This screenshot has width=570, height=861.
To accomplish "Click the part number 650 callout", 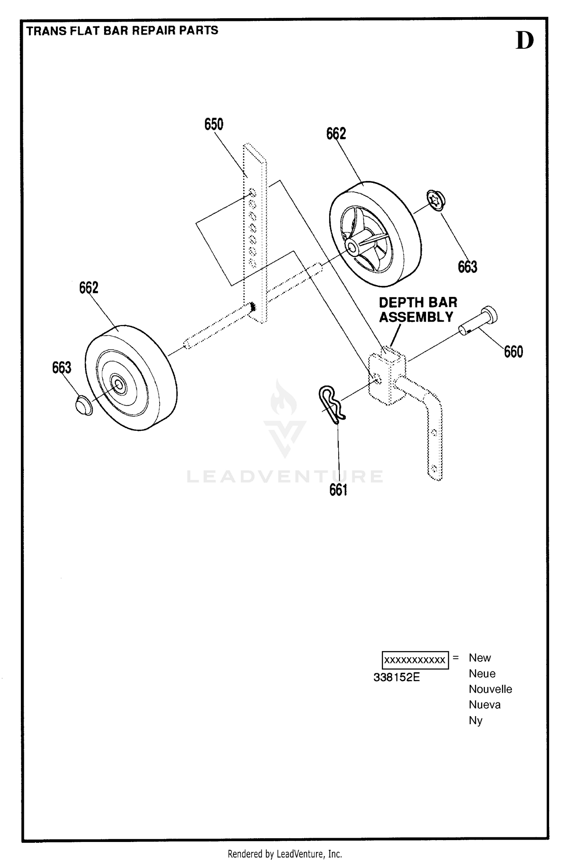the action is coord(214,124).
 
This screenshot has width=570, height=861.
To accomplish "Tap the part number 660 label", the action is coord(513,352).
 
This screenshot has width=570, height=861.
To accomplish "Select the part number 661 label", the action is coord(338,490).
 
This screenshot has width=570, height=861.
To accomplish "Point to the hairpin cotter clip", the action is coord(331,404).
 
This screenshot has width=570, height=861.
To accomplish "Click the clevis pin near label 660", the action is coord(478,320).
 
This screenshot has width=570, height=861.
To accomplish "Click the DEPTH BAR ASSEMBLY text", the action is coord(418,310).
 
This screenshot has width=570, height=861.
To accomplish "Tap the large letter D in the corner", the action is coord(524,41).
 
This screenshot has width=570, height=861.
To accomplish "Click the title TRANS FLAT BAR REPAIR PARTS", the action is coord(122,30).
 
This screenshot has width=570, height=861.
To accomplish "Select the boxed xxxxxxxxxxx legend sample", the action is coord(415,660).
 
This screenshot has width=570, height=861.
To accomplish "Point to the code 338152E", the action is coord(397,677).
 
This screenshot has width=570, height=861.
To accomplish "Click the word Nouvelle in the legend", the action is coord(490,689).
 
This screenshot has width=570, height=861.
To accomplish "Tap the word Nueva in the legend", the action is coord(484,705).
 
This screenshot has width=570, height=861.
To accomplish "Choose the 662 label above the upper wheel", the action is coord(336,134).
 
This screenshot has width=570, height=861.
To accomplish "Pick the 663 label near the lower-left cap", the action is coord(62,368).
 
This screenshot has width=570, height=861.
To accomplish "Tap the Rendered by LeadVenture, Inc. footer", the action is coord(285,854).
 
